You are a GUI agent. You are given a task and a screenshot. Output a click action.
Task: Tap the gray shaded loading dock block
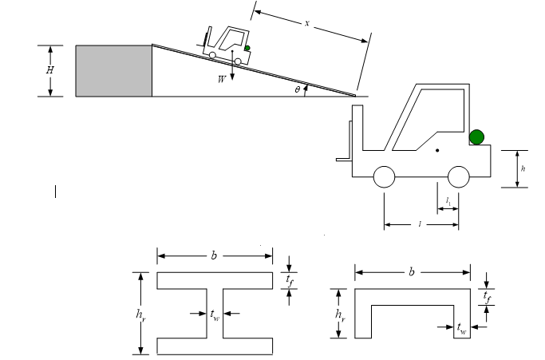coord(113,71)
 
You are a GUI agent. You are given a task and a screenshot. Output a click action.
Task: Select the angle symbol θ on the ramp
coord(297,90)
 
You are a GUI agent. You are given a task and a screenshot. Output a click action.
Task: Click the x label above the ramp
coord(306,22)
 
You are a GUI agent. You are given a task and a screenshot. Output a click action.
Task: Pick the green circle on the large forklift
coord(477,136)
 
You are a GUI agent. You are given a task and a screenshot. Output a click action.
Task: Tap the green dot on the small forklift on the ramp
coord(247,49)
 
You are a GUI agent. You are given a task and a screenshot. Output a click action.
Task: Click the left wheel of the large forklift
coord(385,176)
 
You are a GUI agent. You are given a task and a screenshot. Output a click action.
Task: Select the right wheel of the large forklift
coord(458,176)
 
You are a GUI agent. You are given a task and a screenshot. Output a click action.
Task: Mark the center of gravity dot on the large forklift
coord(437,150)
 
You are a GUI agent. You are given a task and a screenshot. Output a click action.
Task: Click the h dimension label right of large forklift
coord(522,168)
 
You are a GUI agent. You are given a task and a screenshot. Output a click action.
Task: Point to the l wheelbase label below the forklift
coord(421,224)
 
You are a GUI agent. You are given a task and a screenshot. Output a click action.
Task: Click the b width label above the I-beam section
coord(213,256)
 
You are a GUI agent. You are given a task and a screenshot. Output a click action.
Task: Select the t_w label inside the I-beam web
coord(215,316)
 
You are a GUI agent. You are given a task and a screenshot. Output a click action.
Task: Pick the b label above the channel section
coord(411,272)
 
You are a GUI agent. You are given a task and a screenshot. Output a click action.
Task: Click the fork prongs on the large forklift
coord(345,159)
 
